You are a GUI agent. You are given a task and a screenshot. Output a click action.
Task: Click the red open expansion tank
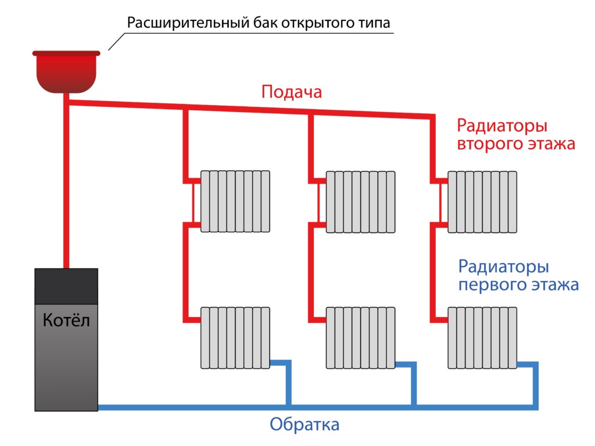(x=67, y=73)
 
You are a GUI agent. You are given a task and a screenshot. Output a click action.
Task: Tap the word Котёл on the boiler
(x=66, y=320)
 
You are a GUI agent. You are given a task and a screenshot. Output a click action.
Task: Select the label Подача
(x=291, y=92)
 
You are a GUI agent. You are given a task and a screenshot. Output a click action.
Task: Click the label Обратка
(x=304, y=425)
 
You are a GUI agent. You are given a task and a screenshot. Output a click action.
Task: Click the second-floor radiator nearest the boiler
(x=236, y=202)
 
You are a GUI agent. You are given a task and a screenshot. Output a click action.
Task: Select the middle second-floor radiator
(x=360, y=202)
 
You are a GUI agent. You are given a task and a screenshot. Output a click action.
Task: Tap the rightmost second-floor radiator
(x=482, y=202)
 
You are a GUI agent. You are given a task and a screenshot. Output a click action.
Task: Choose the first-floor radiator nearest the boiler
(x=236, y=337)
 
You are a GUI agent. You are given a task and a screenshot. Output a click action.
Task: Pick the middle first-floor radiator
(x=360, y=337)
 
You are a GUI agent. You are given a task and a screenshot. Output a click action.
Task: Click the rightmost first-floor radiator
(x=482, y=337)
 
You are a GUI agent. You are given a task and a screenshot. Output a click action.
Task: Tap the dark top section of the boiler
(x=66, y=286)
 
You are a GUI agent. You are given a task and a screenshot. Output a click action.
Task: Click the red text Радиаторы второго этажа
(x=515, y=135)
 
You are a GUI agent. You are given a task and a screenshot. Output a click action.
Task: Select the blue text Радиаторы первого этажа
(x=518, y=276)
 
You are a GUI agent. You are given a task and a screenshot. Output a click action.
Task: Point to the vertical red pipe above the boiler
(x=66, y=186)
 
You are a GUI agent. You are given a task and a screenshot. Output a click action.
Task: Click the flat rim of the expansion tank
(x=67, y=53)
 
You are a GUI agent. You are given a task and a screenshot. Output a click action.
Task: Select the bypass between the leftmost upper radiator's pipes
(x=192, y=202)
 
